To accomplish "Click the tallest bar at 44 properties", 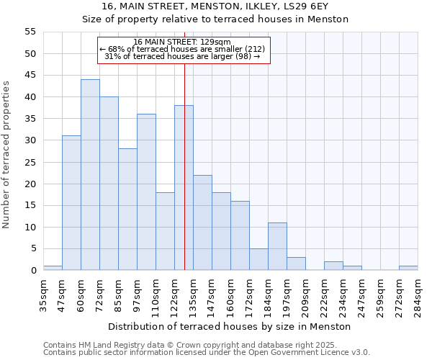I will tap(90, 175).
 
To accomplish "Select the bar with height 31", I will tap(71, 203).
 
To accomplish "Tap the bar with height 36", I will tap(146, 192).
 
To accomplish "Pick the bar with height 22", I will tap(202, 222).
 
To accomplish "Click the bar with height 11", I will tap(277, 246).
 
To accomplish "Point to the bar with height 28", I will tap(127, 210).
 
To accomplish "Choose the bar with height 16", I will tap(240, 235).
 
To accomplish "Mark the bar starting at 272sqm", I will tap(408, 269).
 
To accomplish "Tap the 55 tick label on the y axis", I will tap(30, 32).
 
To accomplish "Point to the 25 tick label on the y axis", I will tap(30, 162).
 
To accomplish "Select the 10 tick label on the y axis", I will tap(30, 228).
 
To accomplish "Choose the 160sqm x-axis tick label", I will tap(230, 294).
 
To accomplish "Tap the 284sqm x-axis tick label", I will tap(418, 294).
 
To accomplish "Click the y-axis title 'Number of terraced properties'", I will tap(6, 154).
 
